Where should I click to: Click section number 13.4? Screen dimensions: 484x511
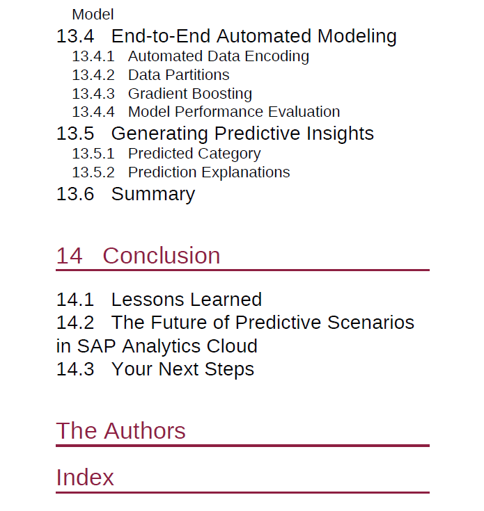75,36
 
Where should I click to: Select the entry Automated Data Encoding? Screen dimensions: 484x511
219,56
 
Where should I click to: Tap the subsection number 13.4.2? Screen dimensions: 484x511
93,75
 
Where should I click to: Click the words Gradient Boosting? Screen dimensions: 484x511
190,94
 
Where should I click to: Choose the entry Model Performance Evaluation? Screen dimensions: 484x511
234,112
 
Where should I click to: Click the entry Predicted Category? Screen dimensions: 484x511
194,154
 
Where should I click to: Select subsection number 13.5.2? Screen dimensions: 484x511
93,172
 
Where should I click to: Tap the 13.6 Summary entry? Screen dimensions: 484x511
125,195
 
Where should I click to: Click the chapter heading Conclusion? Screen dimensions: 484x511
162,256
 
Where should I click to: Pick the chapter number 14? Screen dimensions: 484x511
69,256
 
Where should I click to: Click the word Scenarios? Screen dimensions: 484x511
370,323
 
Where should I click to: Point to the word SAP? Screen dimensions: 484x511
96,346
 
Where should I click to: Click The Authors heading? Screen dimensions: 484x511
120,431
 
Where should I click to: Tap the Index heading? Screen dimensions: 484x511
85,478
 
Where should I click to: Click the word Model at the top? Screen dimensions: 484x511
93,15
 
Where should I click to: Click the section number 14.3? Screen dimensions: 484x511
75,369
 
